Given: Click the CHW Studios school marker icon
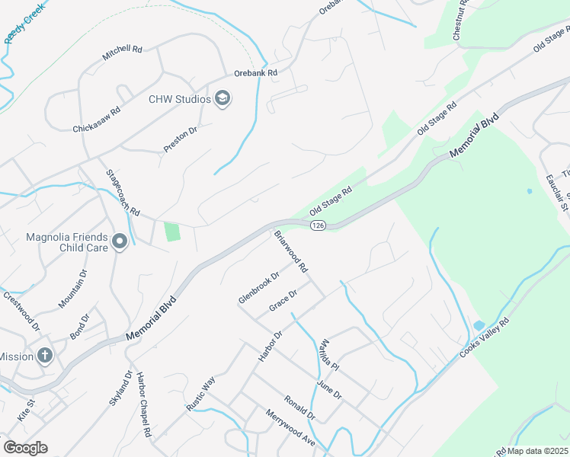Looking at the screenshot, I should [223, 100].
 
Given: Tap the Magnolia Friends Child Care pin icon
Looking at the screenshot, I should [120, 242].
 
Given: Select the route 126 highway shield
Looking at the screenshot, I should [319, 225].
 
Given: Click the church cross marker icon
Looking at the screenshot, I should [45, 356].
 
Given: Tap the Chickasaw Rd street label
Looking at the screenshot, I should [97, 120].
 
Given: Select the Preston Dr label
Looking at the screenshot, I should [181, 139].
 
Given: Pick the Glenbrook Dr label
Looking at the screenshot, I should [259, 287].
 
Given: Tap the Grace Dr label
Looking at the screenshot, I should [283, 301].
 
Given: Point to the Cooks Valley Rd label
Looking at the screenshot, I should [495, 337].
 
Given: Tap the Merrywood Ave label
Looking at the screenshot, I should [290, 428].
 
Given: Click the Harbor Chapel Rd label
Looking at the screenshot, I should [142, 404].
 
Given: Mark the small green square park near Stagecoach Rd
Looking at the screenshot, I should [172, 231].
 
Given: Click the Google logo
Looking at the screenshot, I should [25, 448].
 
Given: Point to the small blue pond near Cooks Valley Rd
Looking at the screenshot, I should [478, 326].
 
